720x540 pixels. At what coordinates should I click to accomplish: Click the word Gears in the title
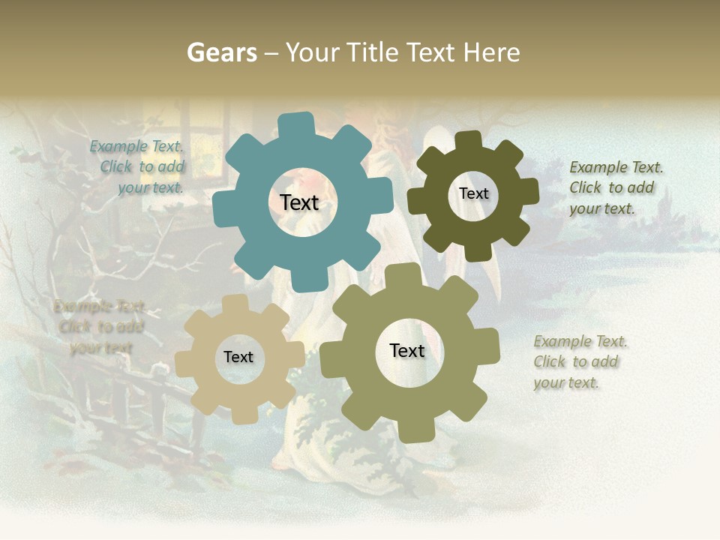pos(221,52)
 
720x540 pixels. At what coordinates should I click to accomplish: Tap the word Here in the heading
pos(491,52)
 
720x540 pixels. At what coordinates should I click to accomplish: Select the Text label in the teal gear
pos(299,202)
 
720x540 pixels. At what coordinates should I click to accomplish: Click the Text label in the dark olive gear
pos(473,193)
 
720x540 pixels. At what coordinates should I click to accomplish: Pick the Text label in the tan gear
pos(238,357)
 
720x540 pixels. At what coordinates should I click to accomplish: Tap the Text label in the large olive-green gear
pos(407,350)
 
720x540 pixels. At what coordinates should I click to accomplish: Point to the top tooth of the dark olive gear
pos(468,140)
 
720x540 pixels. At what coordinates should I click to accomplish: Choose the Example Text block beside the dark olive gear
pos(615,187)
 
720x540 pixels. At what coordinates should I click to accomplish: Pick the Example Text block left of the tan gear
pos(99,327)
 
